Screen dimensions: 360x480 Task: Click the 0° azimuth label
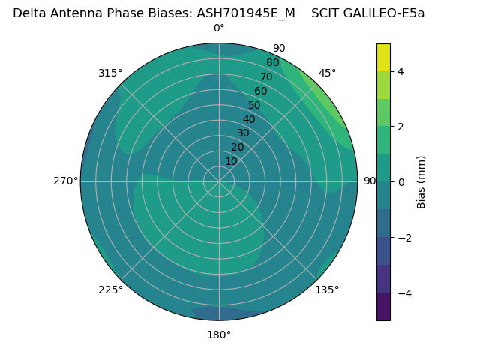(219, 28)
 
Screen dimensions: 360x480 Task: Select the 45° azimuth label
(327, 73)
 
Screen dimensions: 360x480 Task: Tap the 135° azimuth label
(327, 289)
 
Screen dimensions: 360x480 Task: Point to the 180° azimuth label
(219, 334)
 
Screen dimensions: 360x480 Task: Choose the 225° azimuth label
(110, 289)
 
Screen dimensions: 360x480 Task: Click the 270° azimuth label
(65, 181)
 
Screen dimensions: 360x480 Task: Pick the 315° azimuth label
(110, 73)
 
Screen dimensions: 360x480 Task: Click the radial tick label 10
(231, 161)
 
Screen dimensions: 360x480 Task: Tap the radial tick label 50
(254, 105)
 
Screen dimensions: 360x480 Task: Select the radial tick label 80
(272, 63)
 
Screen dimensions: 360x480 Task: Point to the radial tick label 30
(243, 133)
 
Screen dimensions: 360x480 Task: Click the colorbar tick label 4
(400, 71)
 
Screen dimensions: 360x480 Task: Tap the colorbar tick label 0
(400, 182)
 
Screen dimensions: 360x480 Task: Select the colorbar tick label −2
(403, 238)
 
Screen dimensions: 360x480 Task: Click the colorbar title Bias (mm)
(421, 181)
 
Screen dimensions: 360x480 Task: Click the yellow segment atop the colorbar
(383, 57)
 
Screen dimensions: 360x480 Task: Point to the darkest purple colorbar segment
(383, 307)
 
